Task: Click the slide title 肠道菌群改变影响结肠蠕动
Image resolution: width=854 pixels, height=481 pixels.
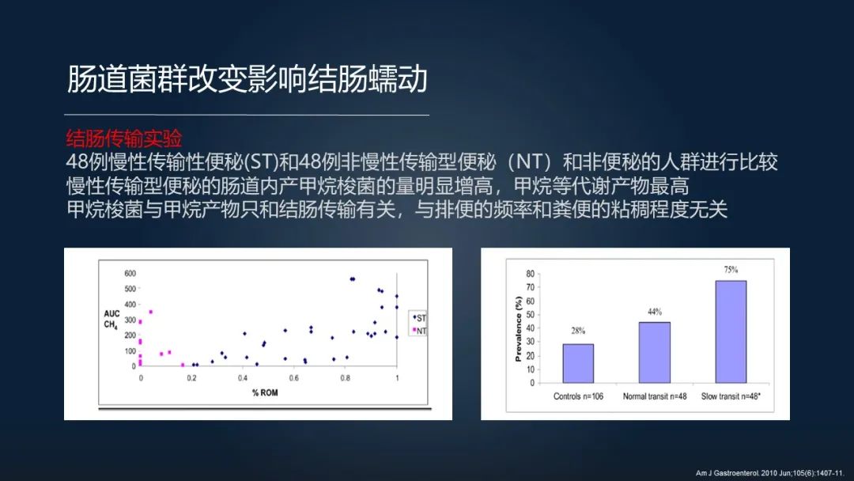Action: click(248, 80)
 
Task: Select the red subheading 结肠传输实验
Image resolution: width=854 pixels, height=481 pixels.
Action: click(124, 138)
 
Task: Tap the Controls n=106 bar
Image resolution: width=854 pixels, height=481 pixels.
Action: click(578, 363)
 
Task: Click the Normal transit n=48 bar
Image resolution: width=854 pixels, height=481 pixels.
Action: click(654, 352)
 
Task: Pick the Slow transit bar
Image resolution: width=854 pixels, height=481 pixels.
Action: click(731, 331)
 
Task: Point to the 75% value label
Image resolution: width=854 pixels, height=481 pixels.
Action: click(731, 270)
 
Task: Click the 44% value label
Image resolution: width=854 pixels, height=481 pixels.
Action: click(655, 312)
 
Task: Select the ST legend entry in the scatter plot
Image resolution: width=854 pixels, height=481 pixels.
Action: click(419, 318)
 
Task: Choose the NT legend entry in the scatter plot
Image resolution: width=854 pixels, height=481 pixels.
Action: click(419, 331)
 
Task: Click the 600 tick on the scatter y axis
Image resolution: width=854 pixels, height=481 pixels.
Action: click(130, 274)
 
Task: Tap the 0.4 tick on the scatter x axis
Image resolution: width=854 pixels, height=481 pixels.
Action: click(244, 378)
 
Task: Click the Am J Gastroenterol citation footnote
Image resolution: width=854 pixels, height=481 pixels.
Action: click(769, 473)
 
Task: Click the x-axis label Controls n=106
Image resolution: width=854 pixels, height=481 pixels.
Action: click(578, 396)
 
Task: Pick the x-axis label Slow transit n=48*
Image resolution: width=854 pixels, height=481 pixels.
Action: click(732, 396)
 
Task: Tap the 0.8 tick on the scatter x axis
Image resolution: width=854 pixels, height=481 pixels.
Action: click(346, 378)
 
